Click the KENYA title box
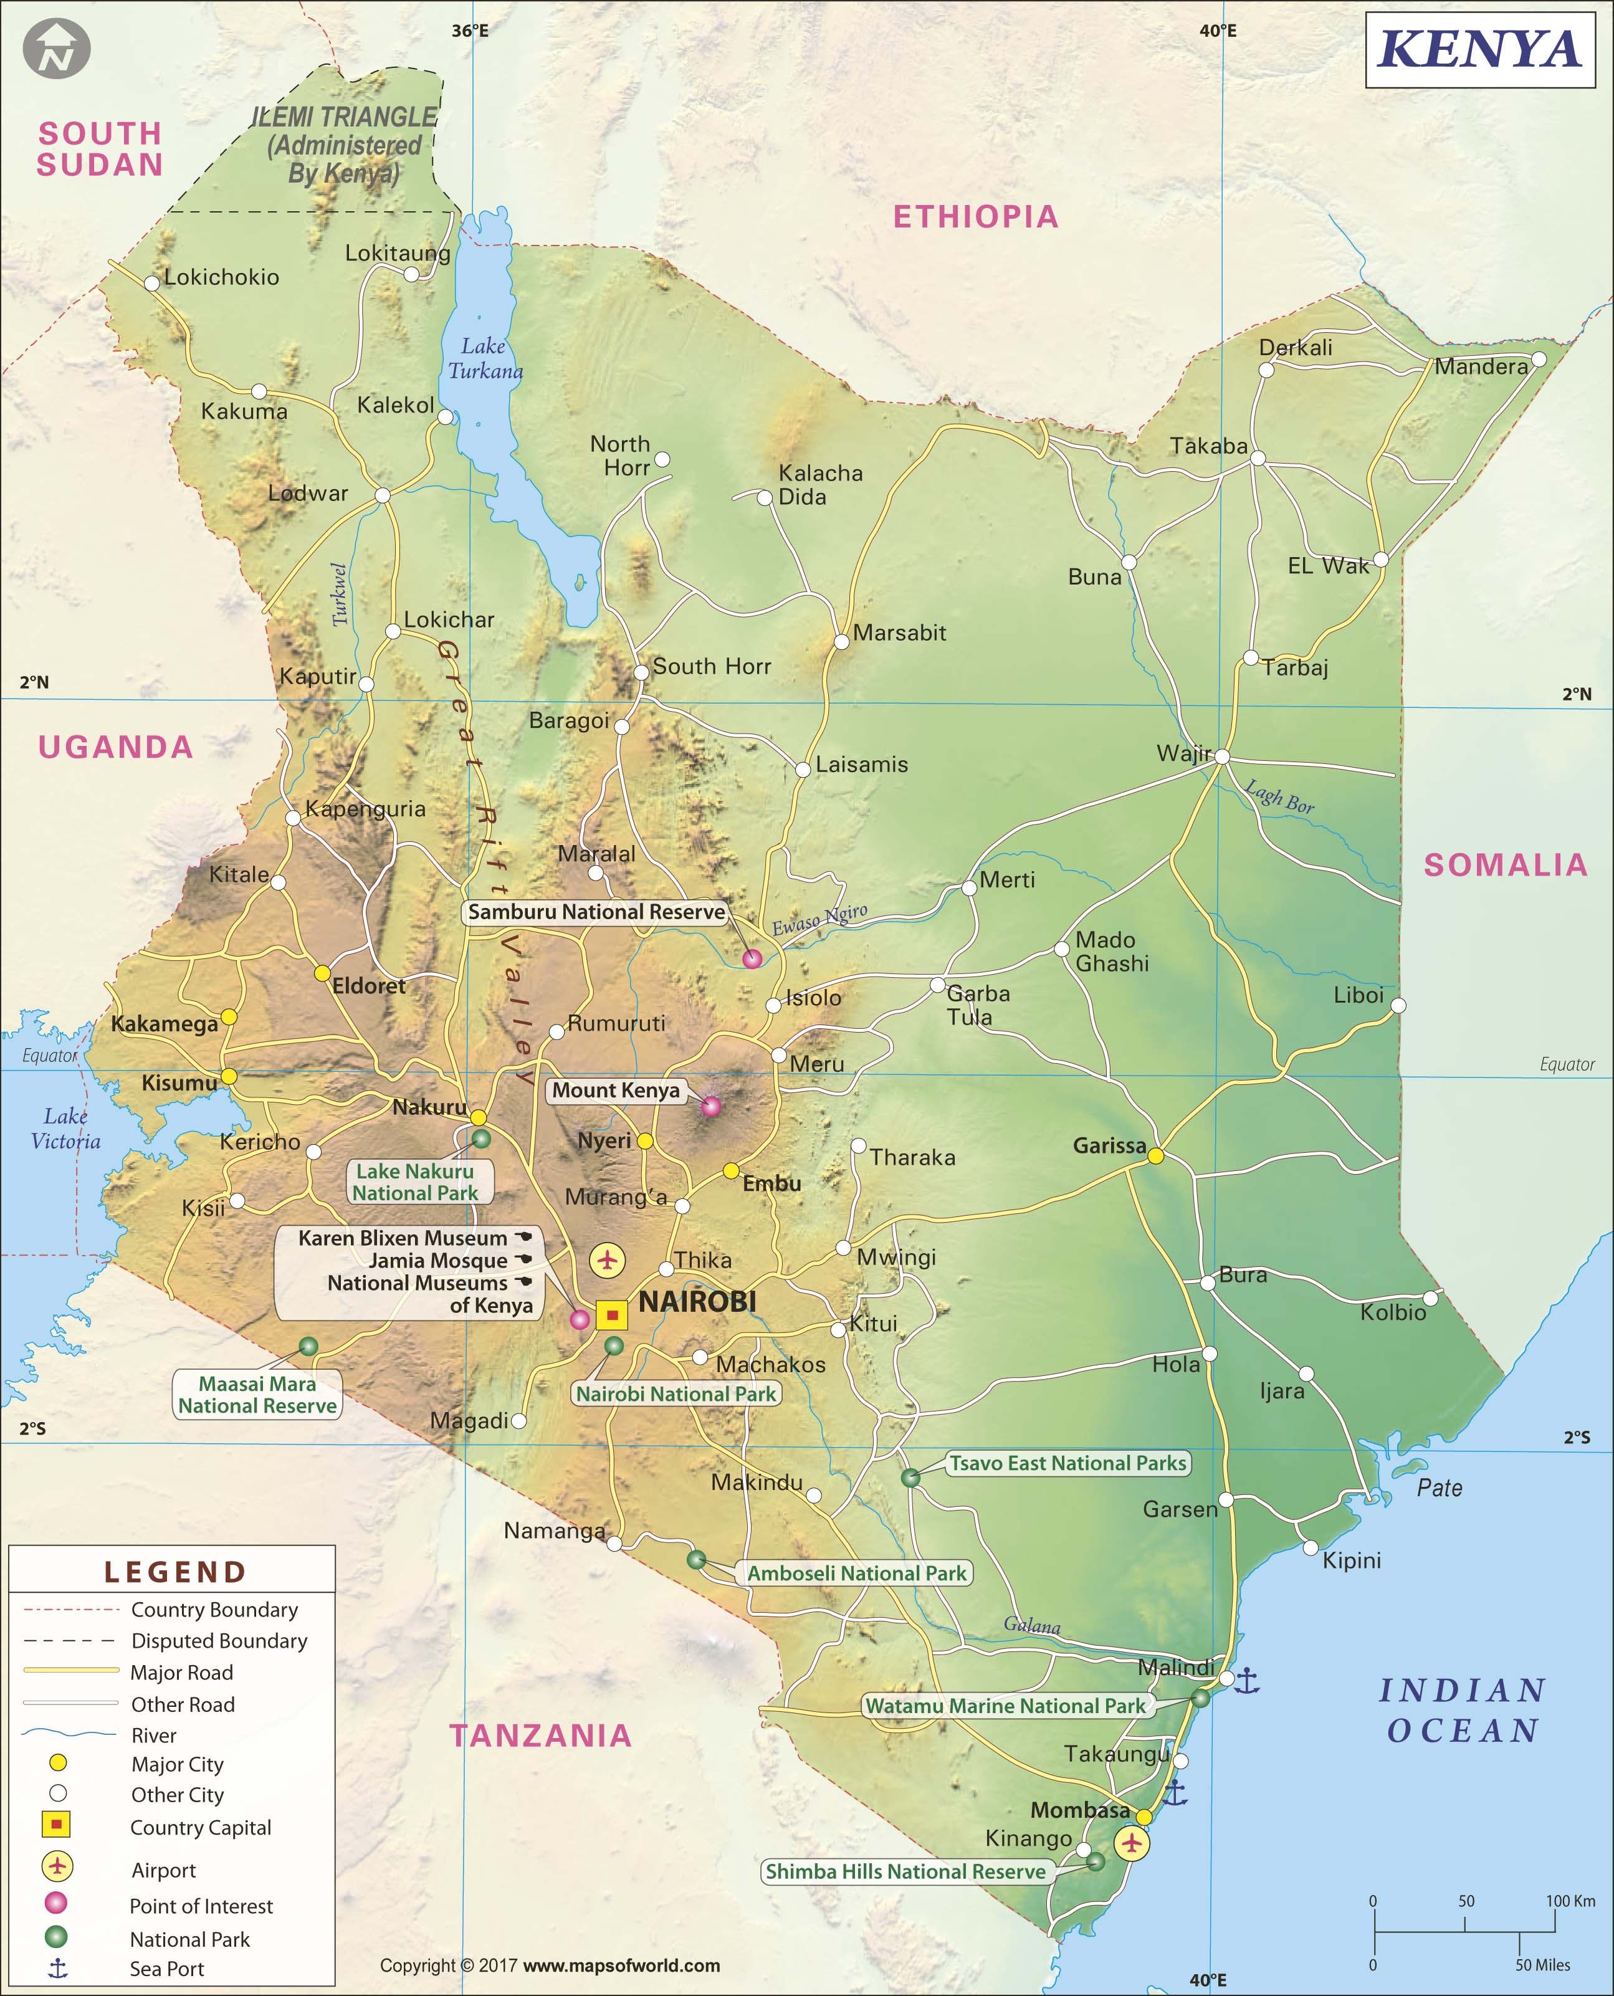pyautogui.click(x=1480, y=50)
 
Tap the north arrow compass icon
pyautogui.click(x=57, y=49)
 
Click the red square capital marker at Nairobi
pyautogui.click(x=612, y=1314)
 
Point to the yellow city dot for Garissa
pyautogui.click(x=1155, y=1155)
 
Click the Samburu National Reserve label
pyautogui.click(x=596, y=912)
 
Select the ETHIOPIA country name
pyautogui.click(x=975, y=217)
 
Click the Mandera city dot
pyautogui.click(x=1538, y=360)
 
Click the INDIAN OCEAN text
pyautogui.click(x=1463, y=1710)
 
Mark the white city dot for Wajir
pyautogui.click(x=1221, y=757)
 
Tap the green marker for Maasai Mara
pyautogui.click(x=308, y=1345)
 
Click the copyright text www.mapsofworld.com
pyautogui.click(x=621, y=1965)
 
